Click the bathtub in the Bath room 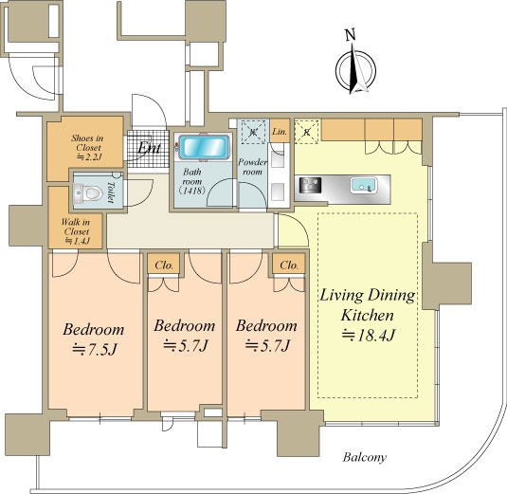(204, 147)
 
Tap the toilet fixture (87, 193)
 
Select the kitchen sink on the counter (364, 185)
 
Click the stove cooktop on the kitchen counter (310, 185)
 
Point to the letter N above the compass (351, 35)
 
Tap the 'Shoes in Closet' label (87, 142)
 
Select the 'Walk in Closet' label (76, 227)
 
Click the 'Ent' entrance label (149, 148)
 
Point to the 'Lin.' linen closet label (280, 132)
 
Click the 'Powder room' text (252, 167)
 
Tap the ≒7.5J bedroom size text (94, 349)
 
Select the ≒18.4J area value (369, 335)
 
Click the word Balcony (365, 457)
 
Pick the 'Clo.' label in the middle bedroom (164, 265)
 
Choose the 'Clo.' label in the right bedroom (289, 265)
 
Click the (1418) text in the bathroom (192, 191)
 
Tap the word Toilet (111, 192)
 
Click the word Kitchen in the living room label (368, 315)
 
